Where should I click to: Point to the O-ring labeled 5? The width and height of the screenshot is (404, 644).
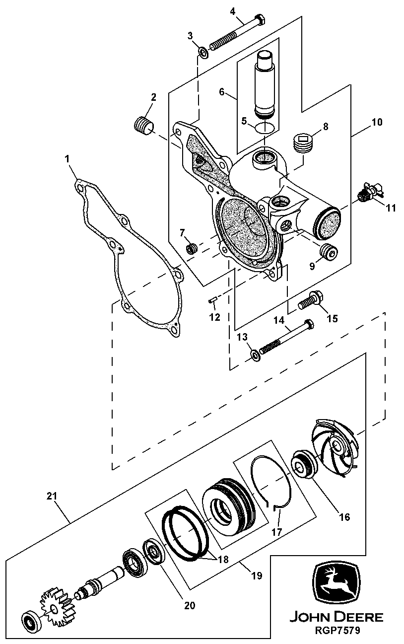click(x=265, y=128)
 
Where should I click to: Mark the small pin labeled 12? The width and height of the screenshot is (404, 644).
click(x=211, y=299)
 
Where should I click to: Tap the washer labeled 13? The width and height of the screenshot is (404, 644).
click(x=255, y=354)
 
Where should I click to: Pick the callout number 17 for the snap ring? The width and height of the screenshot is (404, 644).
click(x=276, y=531)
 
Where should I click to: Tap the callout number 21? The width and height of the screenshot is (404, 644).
click(x=53, y=496)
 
